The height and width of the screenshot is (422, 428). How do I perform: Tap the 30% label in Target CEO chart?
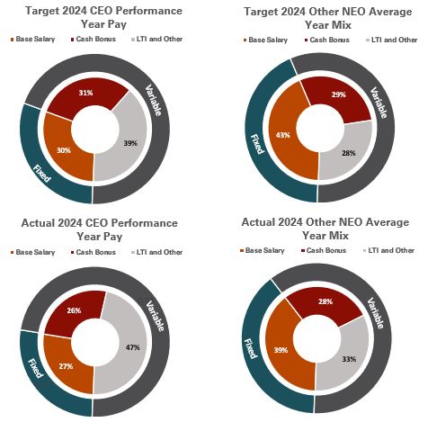pyautogui.click(x=63, y=150)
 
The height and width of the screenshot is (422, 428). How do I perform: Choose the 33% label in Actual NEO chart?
pyautogui.click(x=348, y=358)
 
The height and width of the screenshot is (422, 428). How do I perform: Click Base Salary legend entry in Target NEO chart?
pyautogui.click(x=266, y=40)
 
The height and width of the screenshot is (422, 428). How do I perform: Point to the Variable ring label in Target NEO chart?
pyautogui.click(x=381, y=106)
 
